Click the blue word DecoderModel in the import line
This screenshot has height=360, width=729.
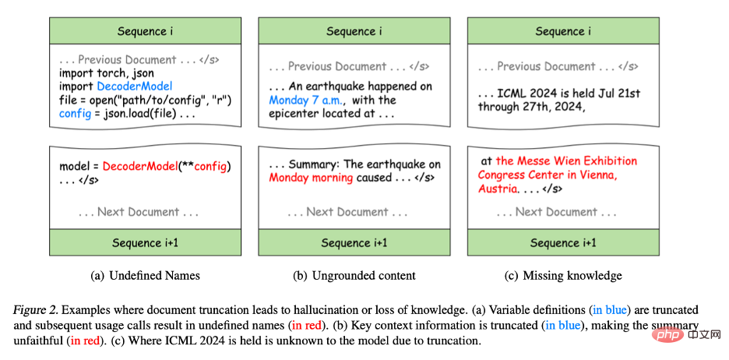tap(135, 86)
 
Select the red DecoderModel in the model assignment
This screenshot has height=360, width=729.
tap(140, 167)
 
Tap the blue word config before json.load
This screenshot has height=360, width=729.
tap(75, 114)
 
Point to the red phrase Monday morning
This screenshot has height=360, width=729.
tap(311, 178)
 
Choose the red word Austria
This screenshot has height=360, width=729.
tap(497, 189)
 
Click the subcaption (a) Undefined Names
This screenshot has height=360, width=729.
tap(145, 275)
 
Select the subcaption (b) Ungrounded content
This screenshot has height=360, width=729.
tap(354, 275)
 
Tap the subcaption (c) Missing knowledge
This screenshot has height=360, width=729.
tap(563, 275)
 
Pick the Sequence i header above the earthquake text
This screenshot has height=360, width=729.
tap(354, 32)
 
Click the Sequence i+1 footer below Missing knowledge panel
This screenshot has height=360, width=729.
tap(563, 243)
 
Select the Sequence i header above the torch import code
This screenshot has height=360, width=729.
tap(145, 32)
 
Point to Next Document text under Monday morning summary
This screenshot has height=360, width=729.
tap(347, 212)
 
